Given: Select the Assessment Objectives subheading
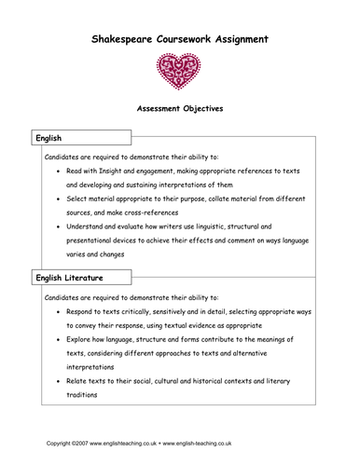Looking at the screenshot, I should click(180, 108).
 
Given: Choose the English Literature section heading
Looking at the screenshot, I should click(69, 278).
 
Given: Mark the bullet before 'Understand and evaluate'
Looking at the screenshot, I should click(61, 226).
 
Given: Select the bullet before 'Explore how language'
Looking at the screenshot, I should click(61, 340).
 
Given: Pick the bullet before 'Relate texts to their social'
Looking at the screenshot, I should click(61, 381).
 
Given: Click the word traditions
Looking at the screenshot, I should click(90, 394).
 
